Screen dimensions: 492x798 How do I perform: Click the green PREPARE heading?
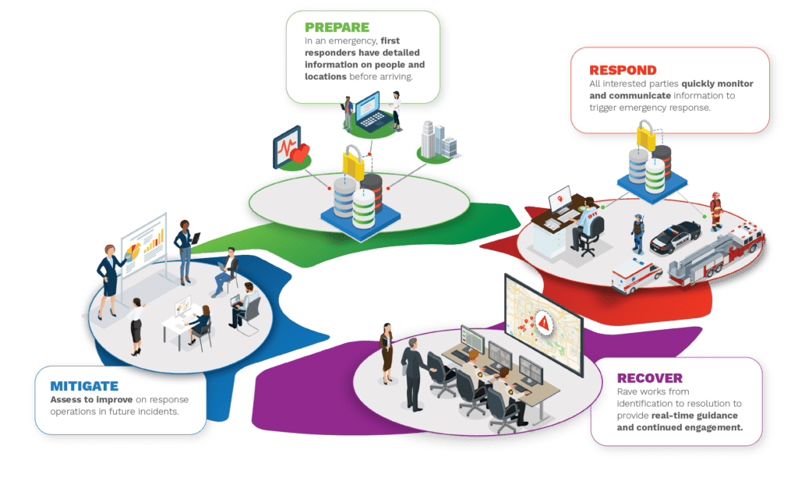tap(337, 28)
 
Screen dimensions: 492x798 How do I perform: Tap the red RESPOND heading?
tap(623, 69)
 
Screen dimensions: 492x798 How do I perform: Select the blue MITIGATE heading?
tap(84, 386)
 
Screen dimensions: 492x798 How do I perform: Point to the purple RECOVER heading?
tap(650, 378)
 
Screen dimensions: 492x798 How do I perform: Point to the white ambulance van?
tap(634, 275)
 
